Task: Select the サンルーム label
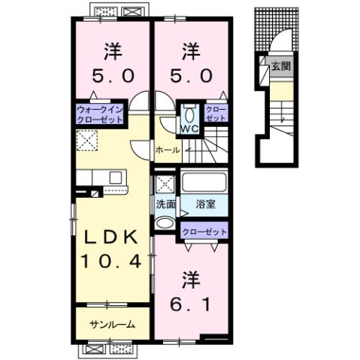(x=112, y=325)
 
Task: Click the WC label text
(x=189, y=128)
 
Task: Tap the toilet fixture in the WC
(x=189, y=114)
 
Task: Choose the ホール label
(x=167, y=150)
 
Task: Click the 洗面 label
(x=165, y=204)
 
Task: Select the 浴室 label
(x=206, y=204)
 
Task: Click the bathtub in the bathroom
(x=204, y=183)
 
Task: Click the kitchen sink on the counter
(x=116, y=177)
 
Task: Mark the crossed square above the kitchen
(x=87, y=140)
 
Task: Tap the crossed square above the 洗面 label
(x=164, y=183)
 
